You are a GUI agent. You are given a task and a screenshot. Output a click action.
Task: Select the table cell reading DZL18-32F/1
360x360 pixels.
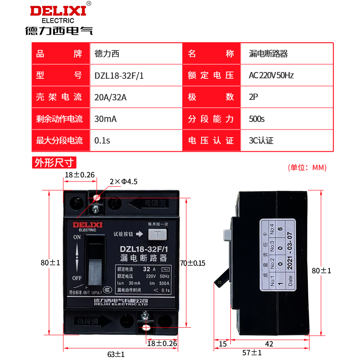(x=119, y=76)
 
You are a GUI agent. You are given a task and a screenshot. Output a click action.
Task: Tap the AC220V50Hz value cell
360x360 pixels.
(x=271, y=76)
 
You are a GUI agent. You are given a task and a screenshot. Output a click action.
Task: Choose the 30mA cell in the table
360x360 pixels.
(x=105, y=119)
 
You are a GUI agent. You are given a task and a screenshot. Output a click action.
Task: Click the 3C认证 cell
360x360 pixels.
(x=261, y=141)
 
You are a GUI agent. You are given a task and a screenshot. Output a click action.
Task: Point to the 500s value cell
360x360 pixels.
(x=257, y=119)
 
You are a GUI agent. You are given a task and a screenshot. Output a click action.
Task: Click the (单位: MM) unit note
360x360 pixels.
(x=307, y=167)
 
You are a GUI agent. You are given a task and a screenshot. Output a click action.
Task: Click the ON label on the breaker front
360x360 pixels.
(x=77, y=237)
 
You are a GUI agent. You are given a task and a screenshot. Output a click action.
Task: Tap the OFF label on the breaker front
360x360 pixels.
(x=77, y=277)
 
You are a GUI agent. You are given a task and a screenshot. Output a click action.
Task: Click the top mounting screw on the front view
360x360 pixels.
(x=96, y=208)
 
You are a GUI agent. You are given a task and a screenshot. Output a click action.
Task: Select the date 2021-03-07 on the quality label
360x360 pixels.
(x=290, y=263)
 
